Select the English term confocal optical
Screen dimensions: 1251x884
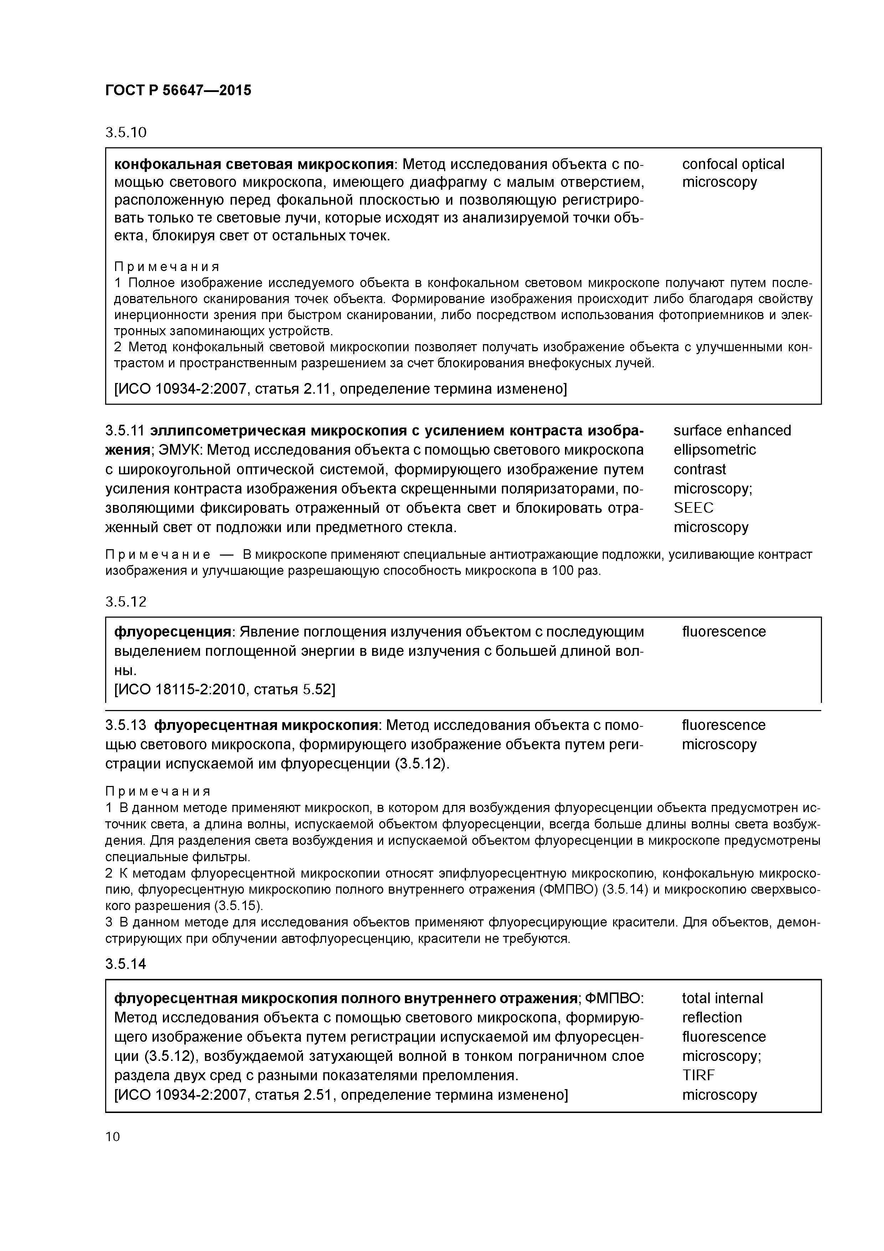pyautogui.click(x=733, y=164)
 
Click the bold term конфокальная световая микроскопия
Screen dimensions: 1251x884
pyautogui.click(x=254, y=164)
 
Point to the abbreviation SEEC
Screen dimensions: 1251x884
pyautogui.click(x=693, y=508)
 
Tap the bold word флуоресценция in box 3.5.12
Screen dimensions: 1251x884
pyautogui.click(x=173, y=632)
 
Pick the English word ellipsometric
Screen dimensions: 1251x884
pyautogui.click(x=715, y=450)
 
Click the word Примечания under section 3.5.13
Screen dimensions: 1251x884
pyautogui.click(x=158, y=791)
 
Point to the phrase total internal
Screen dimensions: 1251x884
pyautogui.click(x=722, y=998)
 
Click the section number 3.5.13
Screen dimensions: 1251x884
pyautogui.click(x=126, y=725)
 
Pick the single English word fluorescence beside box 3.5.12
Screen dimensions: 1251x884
pyautogui.click(x=723, y=632)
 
